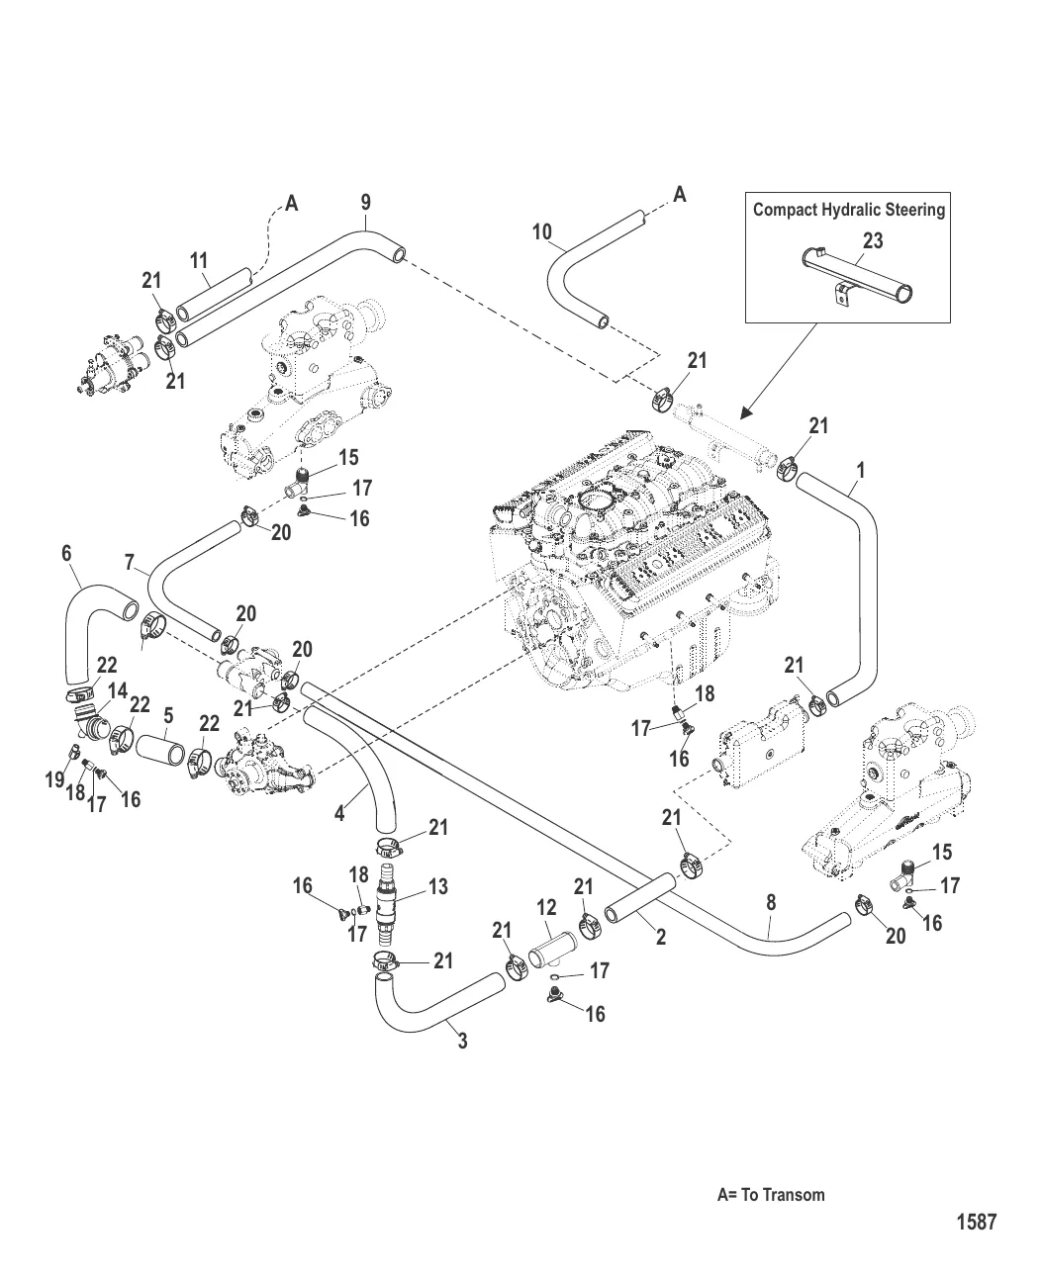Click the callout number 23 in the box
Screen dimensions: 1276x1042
[873, 240]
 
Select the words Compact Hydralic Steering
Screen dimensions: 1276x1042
[848, 210]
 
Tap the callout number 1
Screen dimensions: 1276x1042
[861, 471]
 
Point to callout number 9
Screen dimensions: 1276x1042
[365, 202]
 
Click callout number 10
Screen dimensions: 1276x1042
[541, 232]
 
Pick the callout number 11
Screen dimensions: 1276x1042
[199, 261]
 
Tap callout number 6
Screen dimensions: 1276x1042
[66, 553]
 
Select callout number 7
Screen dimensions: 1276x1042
[130, 562]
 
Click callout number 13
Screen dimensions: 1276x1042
[437, 887]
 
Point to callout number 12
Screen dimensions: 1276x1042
[546, 907]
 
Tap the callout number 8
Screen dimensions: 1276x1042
[771, 902]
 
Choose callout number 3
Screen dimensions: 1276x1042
[462, 1040]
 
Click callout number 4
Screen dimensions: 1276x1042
[339, 814]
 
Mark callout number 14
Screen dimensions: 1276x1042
[117, 690]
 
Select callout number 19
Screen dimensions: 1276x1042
[54, 780]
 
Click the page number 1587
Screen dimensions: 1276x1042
[976, 1222]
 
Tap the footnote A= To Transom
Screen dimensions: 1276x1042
[770, 1194]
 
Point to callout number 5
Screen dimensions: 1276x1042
[168, 714]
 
